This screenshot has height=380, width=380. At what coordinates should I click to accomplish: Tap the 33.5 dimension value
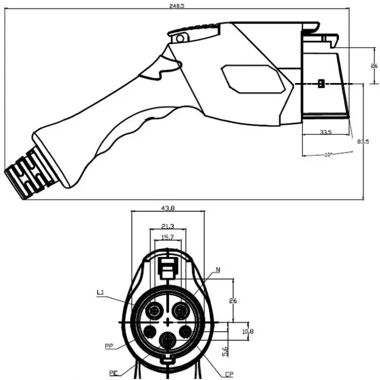[326, 132]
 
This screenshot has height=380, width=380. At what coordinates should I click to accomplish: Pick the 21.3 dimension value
[167, 226]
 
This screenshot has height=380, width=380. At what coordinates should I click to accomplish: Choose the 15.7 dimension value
[167, 237]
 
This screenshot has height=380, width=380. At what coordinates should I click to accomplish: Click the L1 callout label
[101, 293]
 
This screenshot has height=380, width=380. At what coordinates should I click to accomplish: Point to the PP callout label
[108, 346]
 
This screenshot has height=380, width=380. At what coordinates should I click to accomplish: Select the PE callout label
[113, 373]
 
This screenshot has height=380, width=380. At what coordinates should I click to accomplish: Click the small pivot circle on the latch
[179, 38]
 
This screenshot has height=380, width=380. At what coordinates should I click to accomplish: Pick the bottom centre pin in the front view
[166, 340]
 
